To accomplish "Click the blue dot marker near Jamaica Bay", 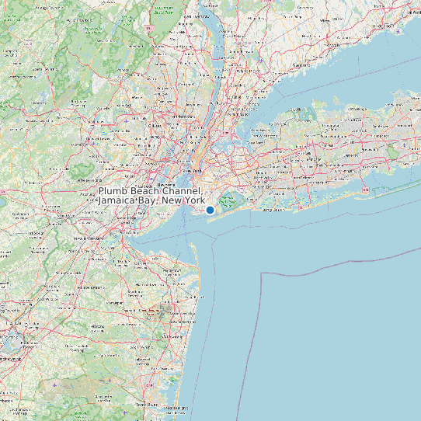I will (x=210, y=209).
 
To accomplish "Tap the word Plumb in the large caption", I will (x=113, y=191).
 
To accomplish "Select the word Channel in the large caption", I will (x=183, y=191).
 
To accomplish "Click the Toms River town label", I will (x=148, y=405).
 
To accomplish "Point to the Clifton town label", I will (x=155, y=125).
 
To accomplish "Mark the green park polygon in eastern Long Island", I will (x=393, y=152).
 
